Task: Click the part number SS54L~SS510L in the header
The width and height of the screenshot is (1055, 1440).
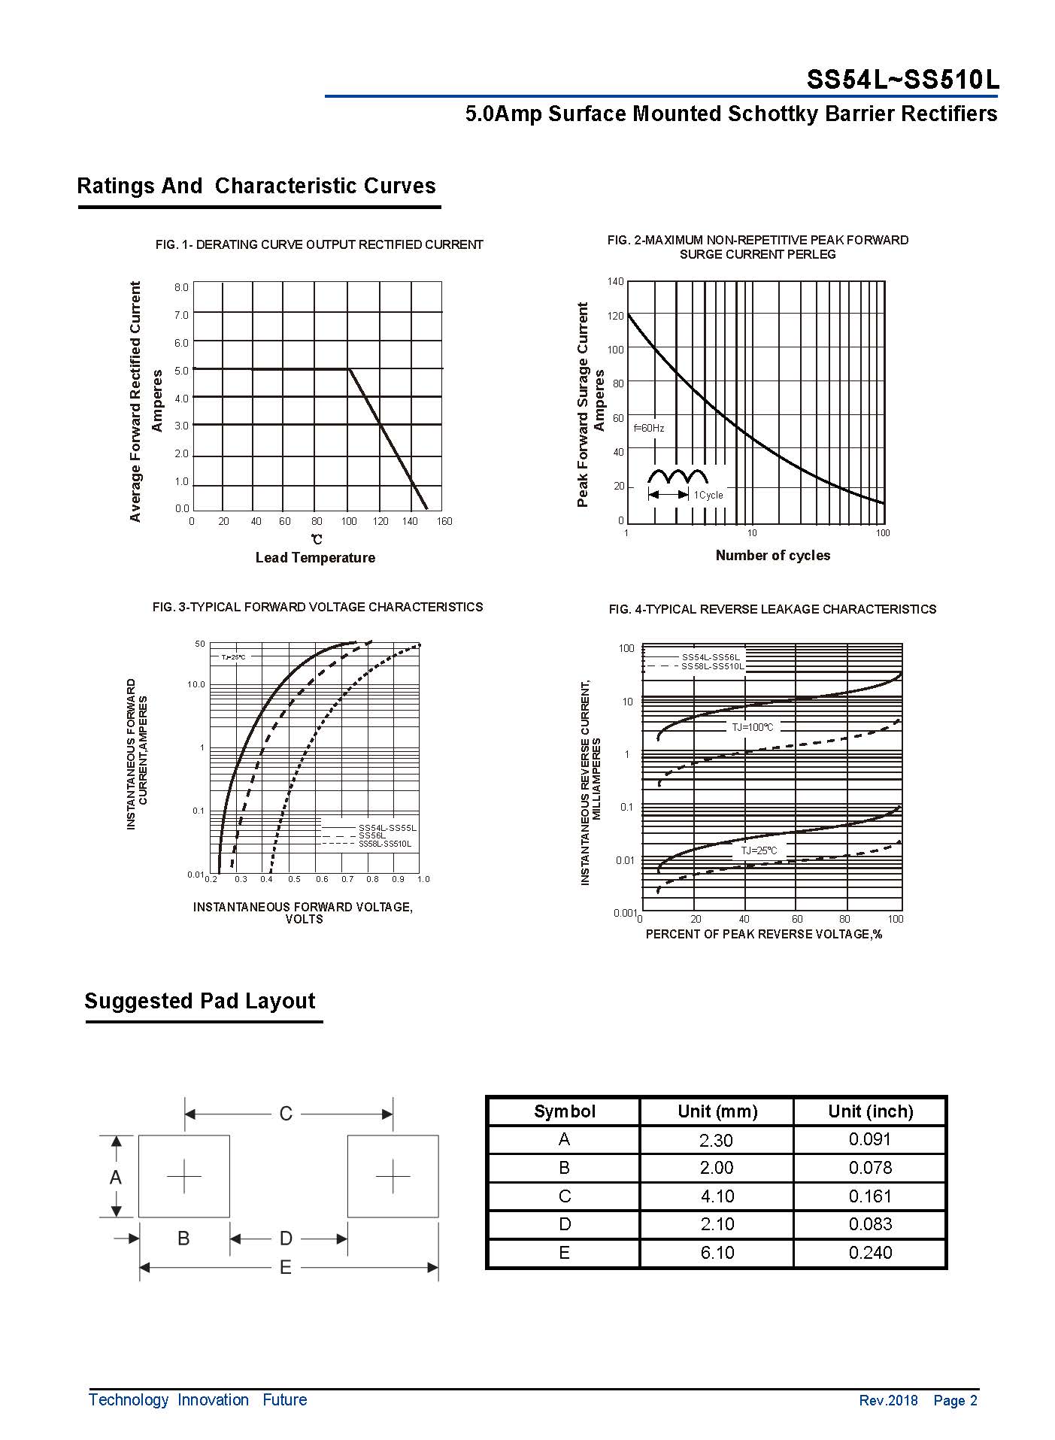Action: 902,79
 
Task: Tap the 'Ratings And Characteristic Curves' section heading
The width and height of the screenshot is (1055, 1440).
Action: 256,186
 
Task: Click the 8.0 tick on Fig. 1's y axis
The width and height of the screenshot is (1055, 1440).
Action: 181,287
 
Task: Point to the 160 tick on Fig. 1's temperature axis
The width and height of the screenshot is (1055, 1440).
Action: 444,521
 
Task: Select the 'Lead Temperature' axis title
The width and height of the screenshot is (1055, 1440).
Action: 315,557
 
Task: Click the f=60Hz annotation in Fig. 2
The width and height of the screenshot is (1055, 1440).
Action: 648,428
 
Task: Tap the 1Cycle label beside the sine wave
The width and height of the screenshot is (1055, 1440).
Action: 708,495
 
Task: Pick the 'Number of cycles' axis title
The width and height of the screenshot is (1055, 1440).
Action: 772,555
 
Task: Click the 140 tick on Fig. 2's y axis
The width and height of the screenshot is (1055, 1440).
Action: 615,281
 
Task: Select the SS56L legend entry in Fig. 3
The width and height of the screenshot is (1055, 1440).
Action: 371,835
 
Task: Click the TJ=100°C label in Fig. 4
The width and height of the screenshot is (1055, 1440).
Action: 752,727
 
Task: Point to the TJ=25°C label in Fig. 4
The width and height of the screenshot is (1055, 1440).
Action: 758,850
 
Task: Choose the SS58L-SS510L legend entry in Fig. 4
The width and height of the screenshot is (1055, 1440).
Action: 712,666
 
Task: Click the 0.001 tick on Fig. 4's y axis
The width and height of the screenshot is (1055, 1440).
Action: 625,913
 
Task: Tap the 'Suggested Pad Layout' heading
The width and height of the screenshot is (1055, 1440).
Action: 200,1001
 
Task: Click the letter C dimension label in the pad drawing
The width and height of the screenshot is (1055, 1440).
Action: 286,1114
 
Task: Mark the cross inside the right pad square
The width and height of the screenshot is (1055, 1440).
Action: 393,1176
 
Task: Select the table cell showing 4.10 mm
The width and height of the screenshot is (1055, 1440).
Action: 717,1196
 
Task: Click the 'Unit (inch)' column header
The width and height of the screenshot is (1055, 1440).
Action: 870,1111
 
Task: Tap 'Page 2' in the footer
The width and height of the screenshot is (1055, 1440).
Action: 955,1400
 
